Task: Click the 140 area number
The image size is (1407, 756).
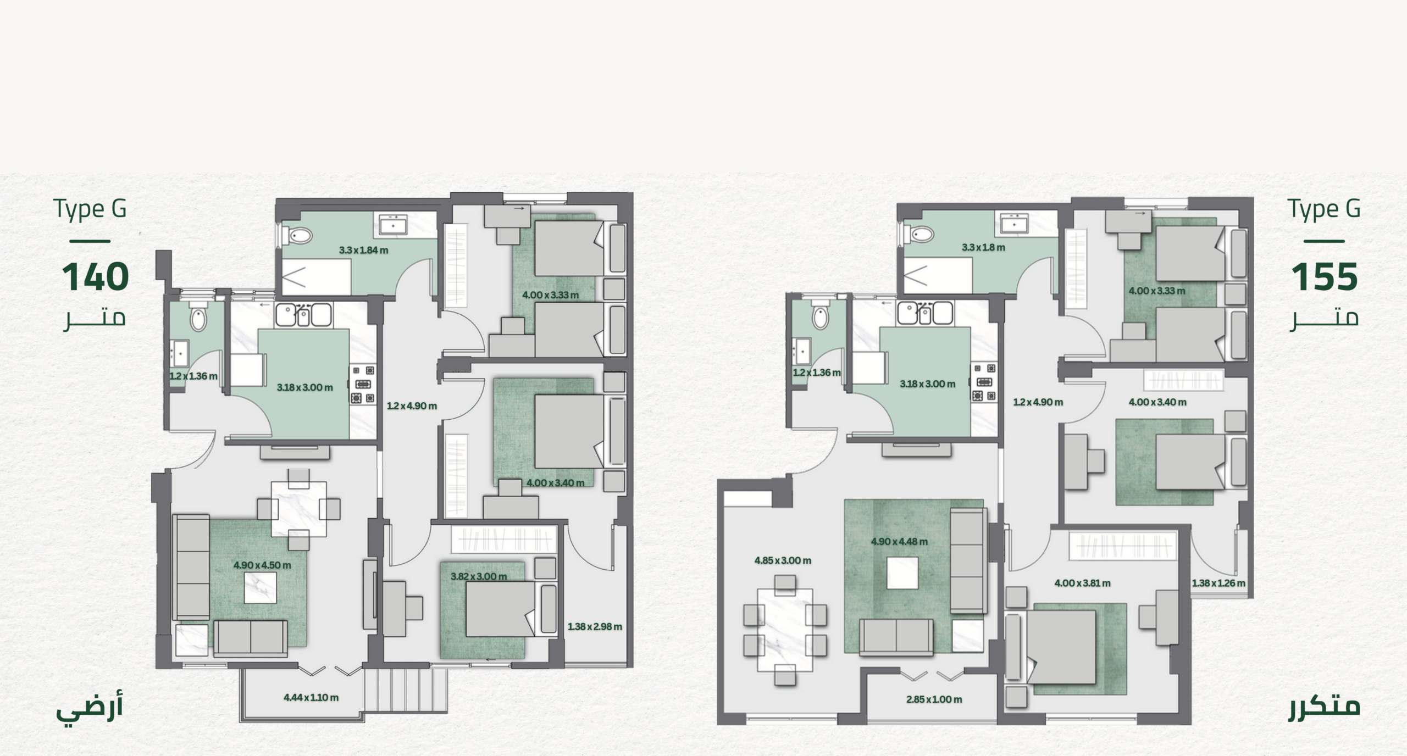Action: point(96,277)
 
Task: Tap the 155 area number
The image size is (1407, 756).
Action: point(1325,277)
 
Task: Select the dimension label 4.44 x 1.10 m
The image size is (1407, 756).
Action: point(311,697)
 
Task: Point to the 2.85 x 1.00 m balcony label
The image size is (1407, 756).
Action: point(934,699)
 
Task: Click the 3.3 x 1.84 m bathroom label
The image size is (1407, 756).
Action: point(363,250)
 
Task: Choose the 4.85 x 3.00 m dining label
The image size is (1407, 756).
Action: point(783,560)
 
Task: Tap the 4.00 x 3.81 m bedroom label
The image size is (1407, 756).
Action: point(1082,583)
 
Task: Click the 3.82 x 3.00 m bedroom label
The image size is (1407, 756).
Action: point(479,576)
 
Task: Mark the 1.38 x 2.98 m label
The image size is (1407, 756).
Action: point(595,626)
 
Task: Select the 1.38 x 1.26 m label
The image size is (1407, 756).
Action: point(1218,583)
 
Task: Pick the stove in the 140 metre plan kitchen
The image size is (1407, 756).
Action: point(363,384)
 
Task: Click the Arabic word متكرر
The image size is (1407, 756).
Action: point(1325,707)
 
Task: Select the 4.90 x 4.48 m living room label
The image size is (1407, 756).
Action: point(899,541)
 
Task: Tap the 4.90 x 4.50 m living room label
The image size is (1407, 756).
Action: point(262,565)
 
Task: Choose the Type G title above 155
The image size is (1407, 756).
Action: point(1324,209)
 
